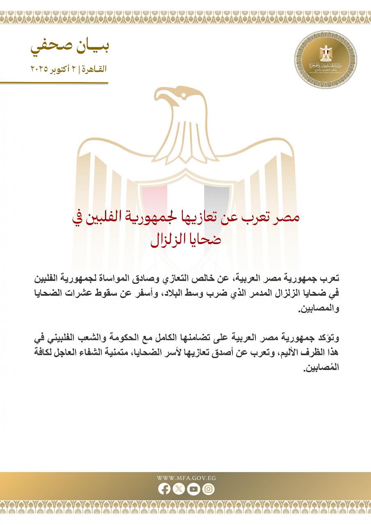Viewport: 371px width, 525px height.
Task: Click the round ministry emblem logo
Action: pos(326,59)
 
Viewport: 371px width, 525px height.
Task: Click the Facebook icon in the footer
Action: pos(164,489)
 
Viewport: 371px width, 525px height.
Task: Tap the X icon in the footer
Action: pos(179,489)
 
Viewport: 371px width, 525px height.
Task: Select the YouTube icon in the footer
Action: pos(193,489)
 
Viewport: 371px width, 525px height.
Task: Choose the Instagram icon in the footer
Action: pos(208,489)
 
